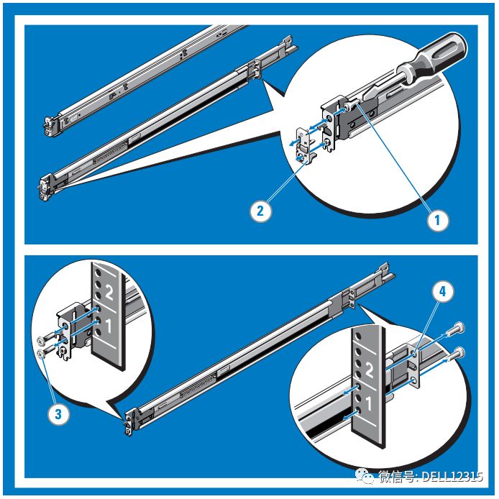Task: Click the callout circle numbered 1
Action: (x=438, y=220)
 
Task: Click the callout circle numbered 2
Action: (x=260, y=211)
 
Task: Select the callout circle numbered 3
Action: (x=58, y=414)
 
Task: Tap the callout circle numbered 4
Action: (x=443, y=291)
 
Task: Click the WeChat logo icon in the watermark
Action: (x=365, y=477)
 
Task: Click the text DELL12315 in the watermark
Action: (x=452, y=477)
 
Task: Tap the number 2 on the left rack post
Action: (x=109, y=292)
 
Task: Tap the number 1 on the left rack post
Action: (x=109, y=325)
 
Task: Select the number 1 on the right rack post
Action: (x=369, y=403)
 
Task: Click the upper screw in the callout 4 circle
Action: (x=454, y=330)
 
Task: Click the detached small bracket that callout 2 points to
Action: (x=303, y=144)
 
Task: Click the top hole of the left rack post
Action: (x=98, y=273)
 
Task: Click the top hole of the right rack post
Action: (x=358, y=337)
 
